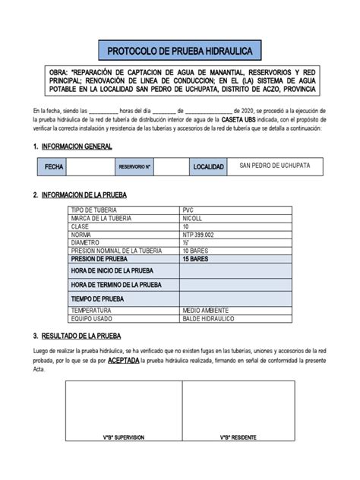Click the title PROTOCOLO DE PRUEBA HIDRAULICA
pos(180,51)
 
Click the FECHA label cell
pos(55,166)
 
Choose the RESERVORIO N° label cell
pos(135,166)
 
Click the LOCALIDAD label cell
pos(208,166)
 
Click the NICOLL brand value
pos(194,218)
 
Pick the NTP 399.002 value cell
pos(200,235)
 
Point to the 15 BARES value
pos(197,259)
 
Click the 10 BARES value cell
pos(197,251)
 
